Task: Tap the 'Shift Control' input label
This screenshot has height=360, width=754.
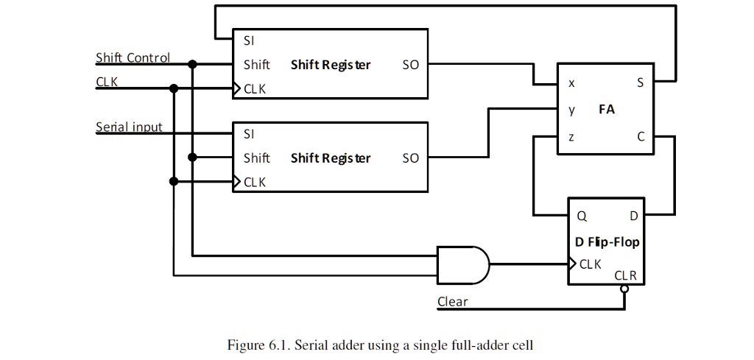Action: (133, 57)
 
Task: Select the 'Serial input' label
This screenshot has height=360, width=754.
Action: (129, 127)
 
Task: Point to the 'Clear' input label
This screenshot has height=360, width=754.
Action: (452, 301)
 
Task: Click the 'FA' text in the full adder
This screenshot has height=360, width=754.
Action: (606, 110)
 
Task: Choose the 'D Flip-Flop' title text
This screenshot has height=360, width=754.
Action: (607, 241)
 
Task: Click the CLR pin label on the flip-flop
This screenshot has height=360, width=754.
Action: (625, 276)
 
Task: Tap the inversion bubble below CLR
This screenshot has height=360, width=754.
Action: (624, 289)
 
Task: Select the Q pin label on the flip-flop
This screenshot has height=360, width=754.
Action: (581, 216)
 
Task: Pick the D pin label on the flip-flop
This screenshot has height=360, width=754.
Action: (633, 216)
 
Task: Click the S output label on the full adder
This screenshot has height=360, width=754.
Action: (640, 83)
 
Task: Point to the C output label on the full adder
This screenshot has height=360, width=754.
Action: (641, 137)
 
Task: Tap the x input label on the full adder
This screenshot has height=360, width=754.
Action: (571, 83)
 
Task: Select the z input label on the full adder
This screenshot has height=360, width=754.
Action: (571, 137)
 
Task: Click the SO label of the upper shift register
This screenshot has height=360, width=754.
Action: (410, 65)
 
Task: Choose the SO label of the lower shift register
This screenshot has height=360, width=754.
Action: (410, 158)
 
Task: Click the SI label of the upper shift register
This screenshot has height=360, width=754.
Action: (249, 40)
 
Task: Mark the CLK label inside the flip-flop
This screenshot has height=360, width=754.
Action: (591, 264)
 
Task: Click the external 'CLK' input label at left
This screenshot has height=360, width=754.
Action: (107, 82)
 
